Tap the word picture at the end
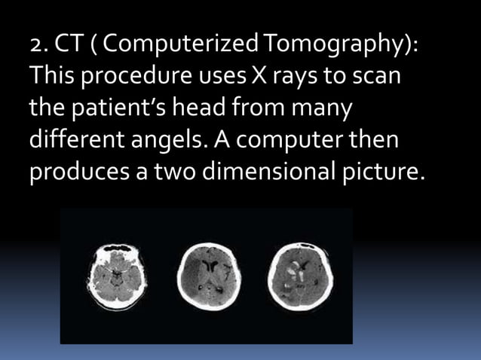click(387, 172)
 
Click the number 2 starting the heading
click(35, 47)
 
